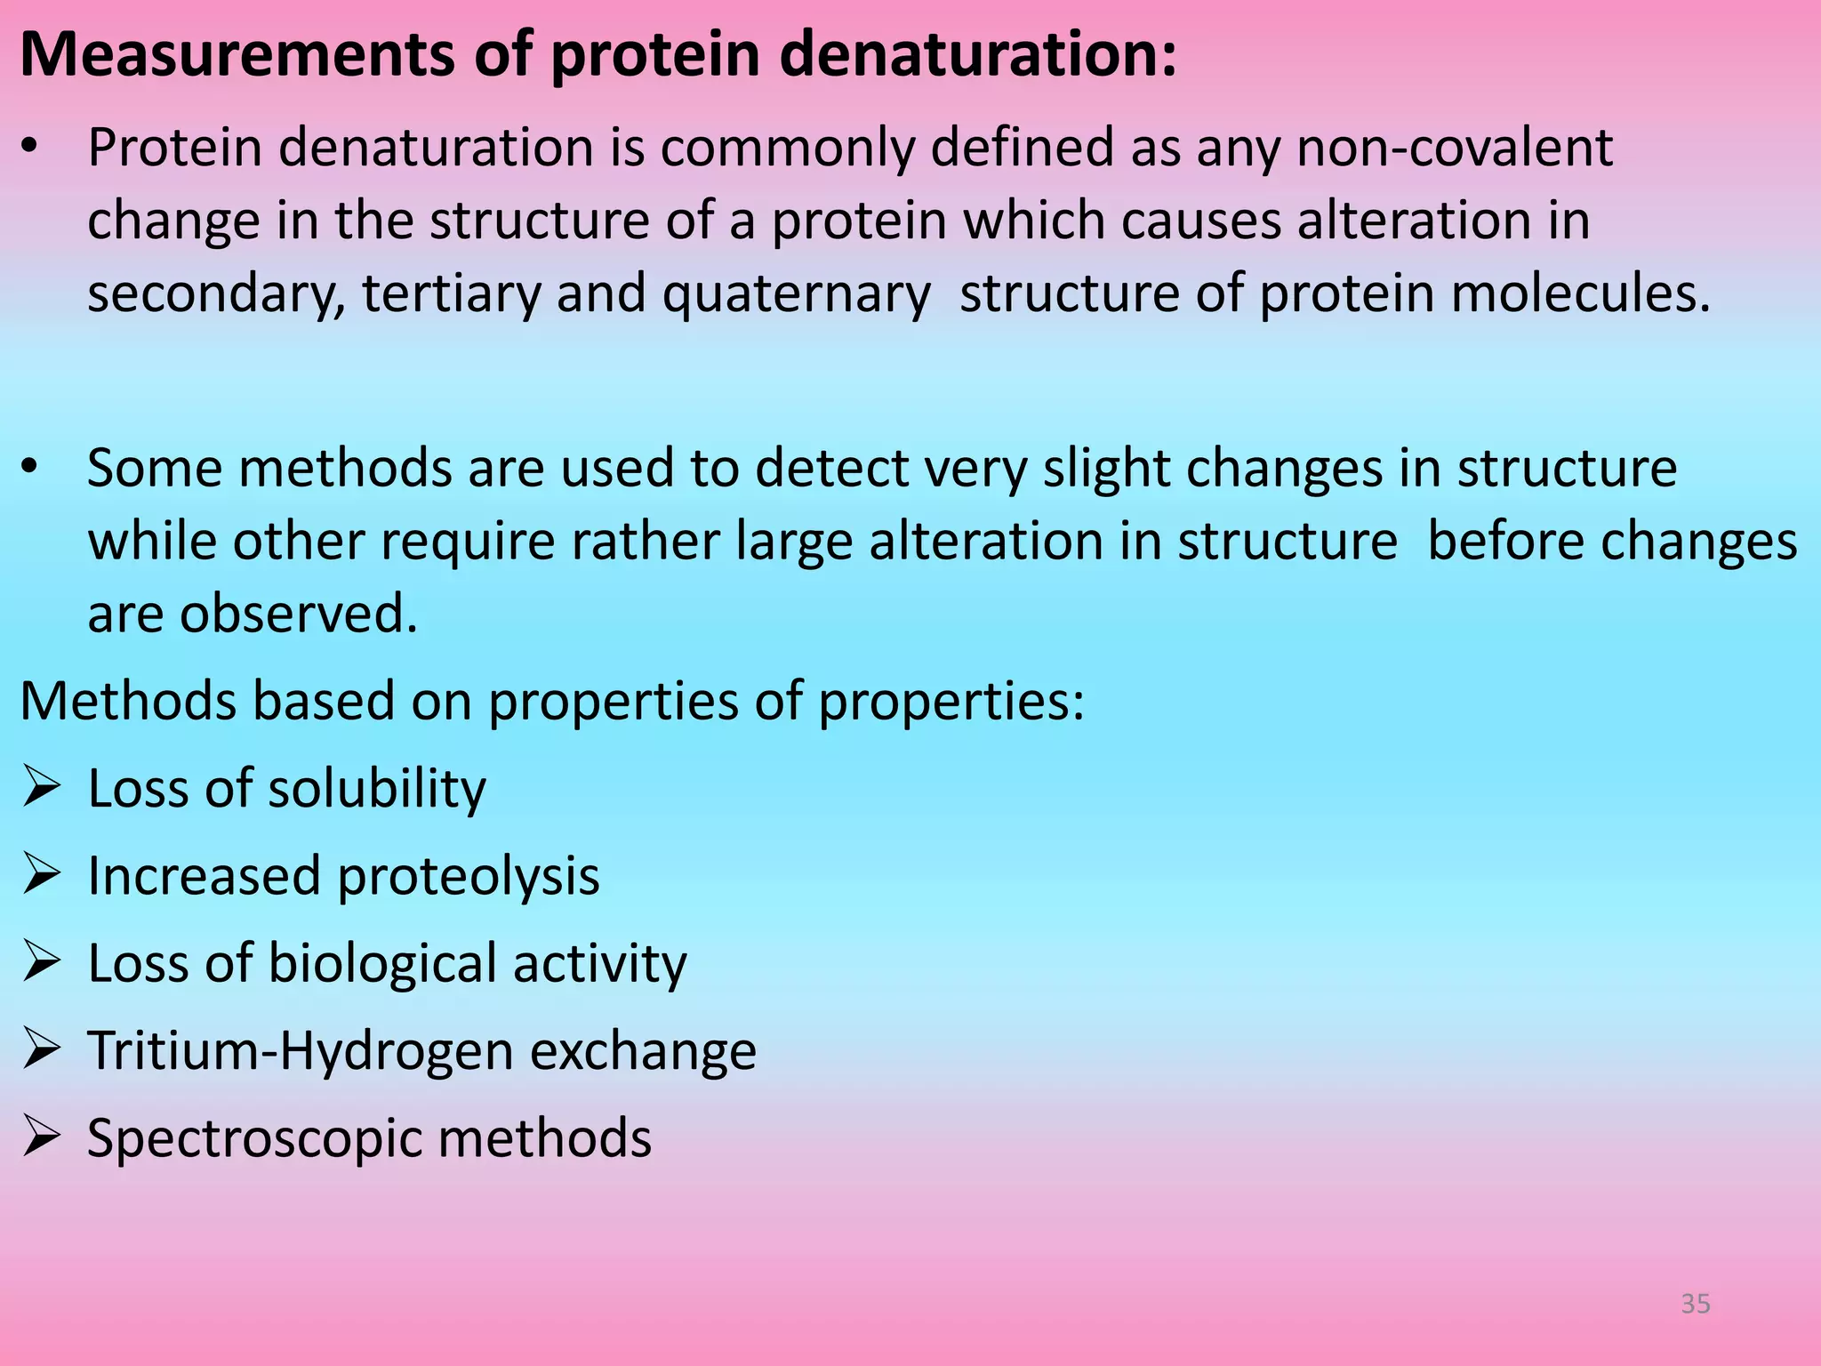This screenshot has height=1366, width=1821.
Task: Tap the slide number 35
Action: coord(1696,1304)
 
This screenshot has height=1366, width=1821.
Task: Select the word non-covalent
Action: coord(1454,148)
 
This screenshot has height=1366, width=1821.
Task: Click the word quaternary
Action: coord(796,294)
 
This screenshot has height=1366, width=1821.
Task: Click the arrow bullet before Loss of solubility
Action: coord(42,787)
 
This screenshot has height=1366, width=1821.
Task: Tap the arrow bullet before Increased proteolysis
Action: coord(42,874)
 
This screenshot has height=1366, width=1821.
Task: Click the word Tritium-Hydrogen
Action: coord(300,1051)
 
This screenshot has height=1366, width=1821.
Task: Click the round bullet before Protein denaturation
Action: coord(30,148)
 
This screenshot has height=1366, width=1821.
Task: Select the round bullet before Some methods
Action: coord(30,468)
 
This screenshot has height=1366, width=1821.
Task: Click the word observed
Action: coord(298,614)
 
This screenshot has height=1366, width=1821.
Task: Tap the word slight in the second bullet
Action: coord(1105,469)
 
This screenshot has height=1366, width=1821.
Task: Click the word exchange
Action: coord(643,1051)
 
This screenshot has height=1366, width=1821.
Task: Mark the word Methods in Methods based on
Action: coord(127,701)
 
